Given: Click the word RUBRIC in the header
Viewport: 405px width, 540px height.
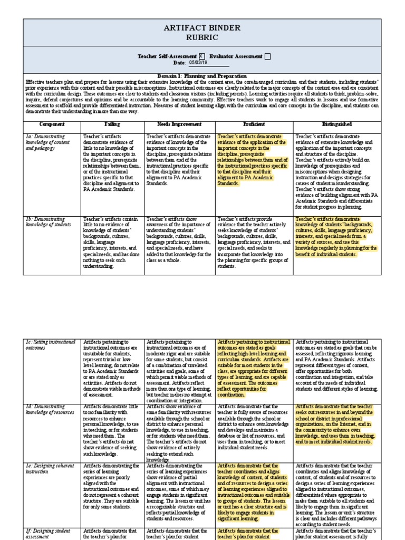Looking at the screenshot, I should [x=202, y=37].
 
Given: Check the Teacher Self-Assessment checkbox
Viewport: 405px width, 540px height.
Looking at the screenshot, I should [x=201, y=56].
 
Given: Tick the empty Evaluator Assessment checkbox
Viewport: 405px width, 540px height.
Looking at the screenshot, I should [x=267, y=56].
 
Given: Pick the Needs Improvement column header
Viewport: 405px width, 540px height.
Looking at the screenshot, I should [x=178, y=124].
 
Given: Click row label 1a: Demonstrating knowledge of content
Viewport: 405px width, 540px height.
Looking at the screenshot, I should [x=48, y=142].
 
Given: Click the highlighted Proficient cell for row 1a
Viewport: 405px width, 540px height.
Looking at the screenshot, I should [x=253, y=160].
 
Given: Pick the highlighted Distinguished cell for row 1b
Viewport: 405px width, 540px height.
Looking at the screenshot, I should [x=336, y=236].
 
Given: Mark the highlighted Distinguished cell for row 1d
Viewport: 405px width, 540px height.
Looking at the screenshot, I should [x=336, y=424].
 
